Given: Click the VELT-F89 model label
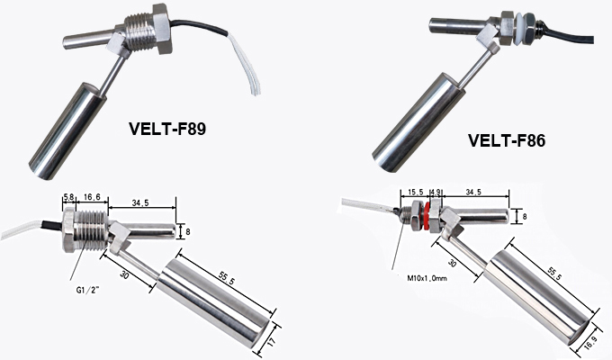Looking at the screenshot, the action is [167, 129].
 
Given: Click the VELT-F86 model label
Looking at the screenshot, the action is [507, 140].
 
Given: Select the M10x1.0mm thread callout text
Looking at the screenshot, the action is [427, 278].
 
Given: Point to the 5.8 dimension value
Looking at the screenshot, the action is [67, 198].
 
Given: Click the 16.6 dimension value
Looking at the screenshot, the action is [91, 198].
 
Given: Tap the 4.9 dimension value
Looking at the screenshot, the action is [436, 192].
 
